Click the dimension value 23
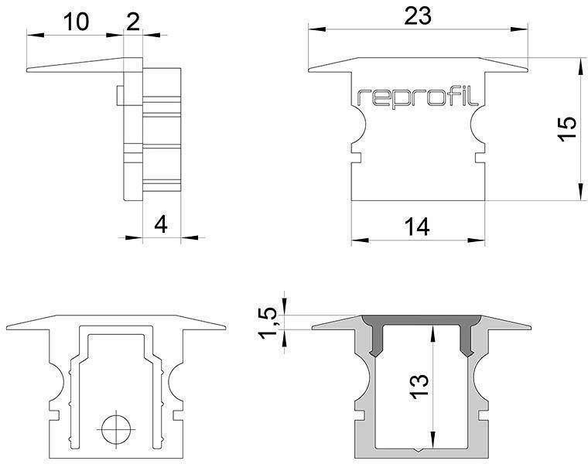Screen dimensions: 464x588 click(x=418, y=15)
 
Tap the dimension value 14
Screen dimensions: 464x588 click(x=417, y=227)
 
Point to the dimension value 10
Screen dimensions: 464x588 click(x=75, y=22)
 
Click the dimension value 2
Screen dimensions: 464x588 click(x=133, y=22)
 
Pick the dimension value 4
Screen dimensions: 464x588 click(x=161, y=224)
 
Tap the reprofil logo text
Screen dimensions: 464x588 click(x=418, y=97)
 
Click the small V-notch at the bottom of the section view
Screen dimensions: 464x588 click(x=419, y=449)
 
